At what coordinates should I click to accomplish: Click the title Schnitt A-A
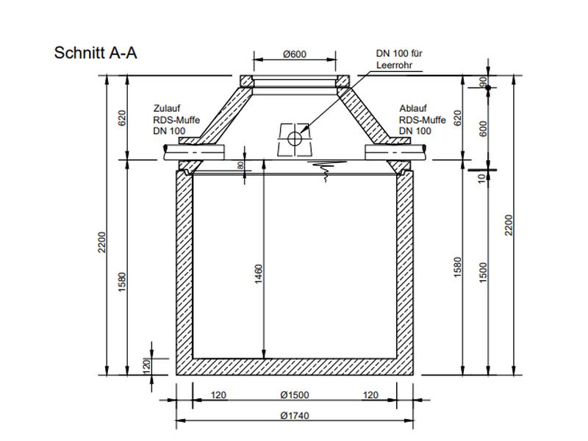coord(96,53)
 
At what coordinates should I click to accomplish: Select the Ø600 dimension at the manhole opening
coord(294,54)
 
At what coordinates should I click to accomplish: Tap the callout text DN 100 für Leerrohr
coord(399,59)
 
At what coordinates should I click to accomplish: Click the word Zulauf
coord(166,107)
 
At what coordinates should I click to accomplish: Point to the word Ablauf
coord(412,107)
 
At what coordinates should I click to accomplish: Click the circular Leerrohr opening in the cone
coord(295,138)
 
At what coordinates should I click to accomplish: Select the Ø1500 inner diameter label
coord(294,395)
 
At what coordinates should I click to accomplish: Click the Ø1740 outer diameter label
coord(294,416)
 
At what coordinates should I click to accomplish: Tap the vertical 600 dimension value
coord(484,129)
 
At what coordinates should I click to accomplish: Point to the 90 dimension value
coord(484,82)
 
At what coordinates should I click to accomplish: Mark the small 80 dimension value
coord(240,166)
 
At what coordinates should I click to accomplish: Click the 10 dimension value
coord(484,177)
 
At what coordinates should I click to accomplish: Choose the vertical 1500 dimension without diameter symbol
coord(484,272)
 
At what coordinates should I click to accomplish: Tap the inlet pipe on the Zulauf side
coord(190,151)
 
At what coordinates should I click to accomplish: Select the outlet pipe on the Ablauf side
coord(397,151)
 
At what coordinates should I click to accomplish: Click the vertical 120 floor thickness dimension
coord(146,364)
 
